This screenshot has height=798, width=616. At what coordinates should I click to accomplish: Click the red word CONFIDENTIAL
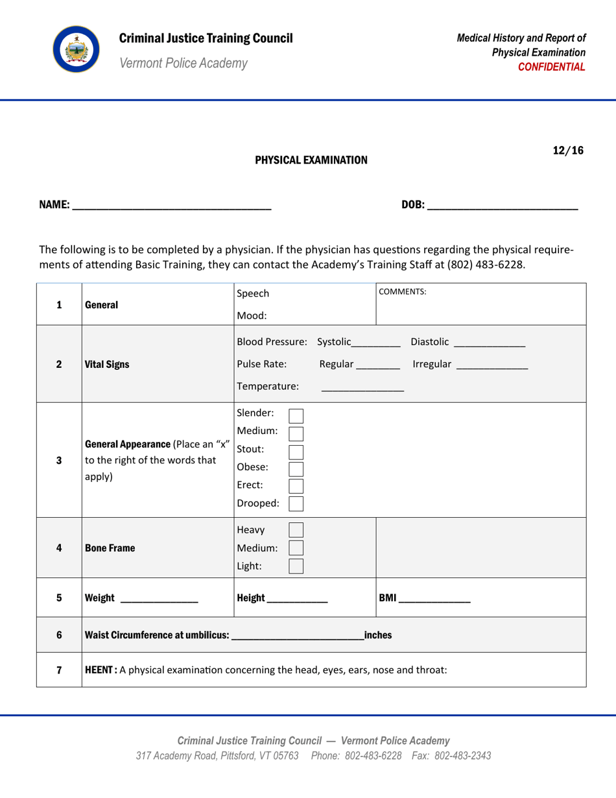556,67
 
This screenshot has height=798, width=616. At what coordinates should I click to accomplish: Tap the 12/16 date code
568,151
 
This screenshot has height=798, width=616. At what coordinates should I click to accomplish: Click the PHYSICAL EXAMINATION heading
311,160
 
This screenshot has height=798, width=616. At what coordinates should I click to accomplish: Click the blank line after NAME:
171,208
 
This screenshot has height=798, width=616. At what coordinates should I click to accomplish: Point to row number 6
59,633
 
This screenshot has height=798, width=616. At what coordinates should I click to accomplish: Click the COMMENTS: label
403,292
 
